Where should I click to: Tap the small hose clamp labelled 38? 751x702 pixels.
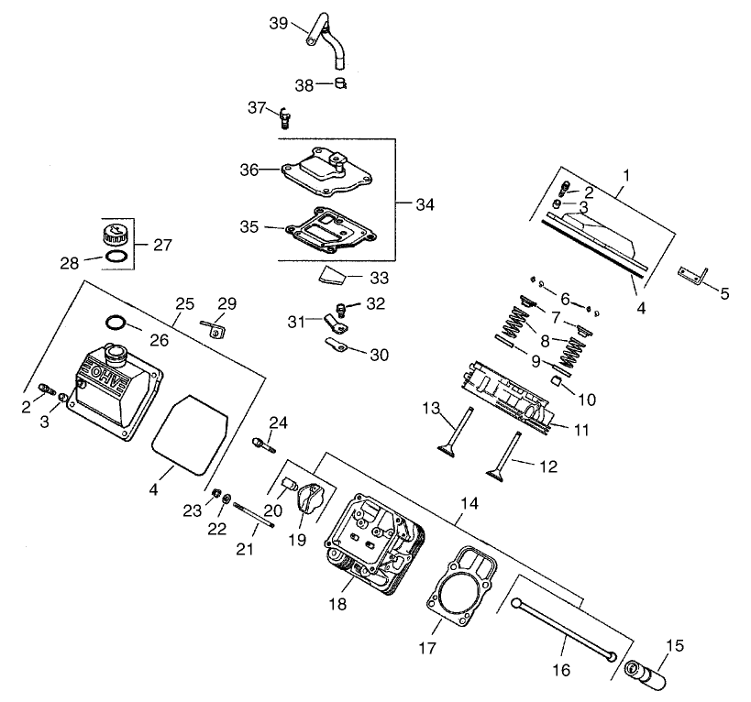pyautogui.click(x=341, y=84)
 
